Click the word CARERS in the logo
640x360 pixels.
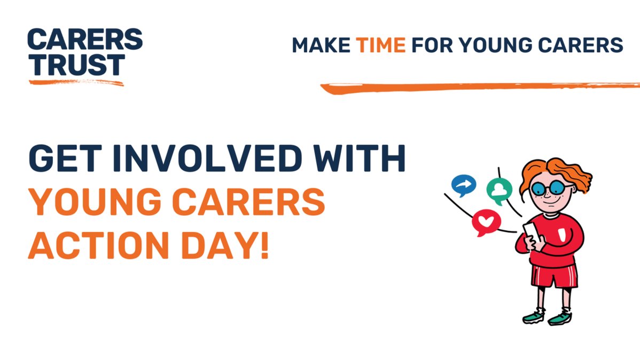pos(85,40)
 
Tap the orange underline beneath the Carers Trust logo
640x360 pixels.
pos(76,82)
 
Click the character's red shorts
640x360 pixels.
pos(553,276)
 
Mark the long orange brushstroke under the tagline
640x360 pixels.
pos(481,87)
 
